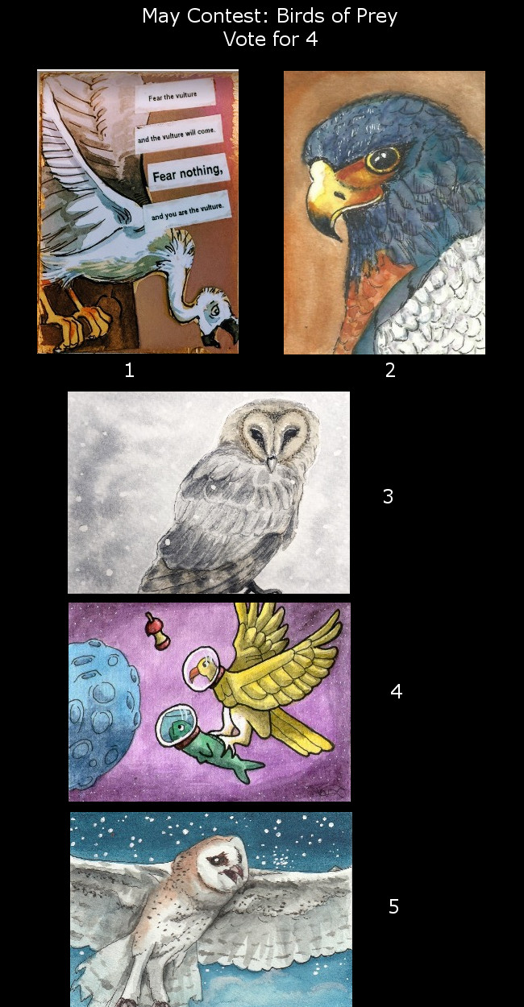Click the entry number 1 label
[x=129, y=371]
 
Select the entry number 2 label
[x=390, y=371]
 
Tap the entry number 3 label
[x=388, y=496]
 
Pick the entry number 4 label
[x=396, y=691]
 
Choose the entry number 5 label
[x=393, y=906]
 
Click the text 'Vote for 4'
[x=270, y=39]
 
